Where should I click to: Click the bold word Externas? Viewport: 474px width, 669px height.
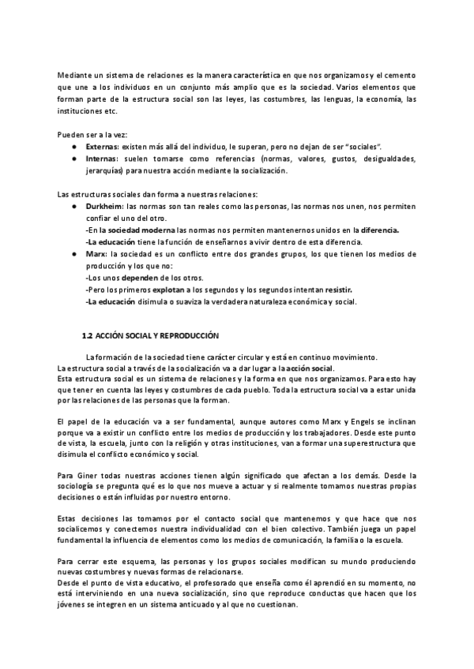tap(102, 147)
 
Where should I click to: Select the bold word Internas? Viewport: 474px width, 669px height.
tap(102, 159)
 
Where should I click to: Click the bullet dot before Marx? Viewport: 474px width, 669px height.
tap(73, 254)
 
